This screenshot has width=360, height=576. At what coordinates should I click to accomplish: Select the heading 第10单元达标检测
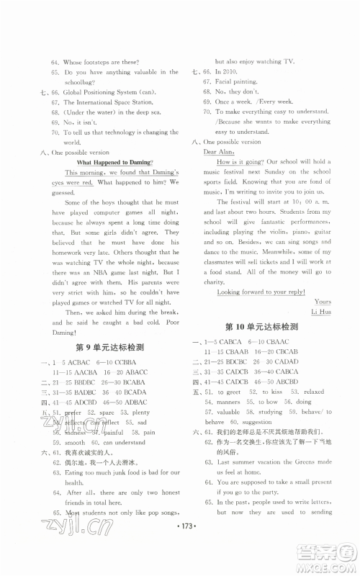(x=261, y=325)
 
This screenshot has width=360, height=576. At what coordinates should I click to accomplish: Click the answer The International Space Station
(x=107, y=103)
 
